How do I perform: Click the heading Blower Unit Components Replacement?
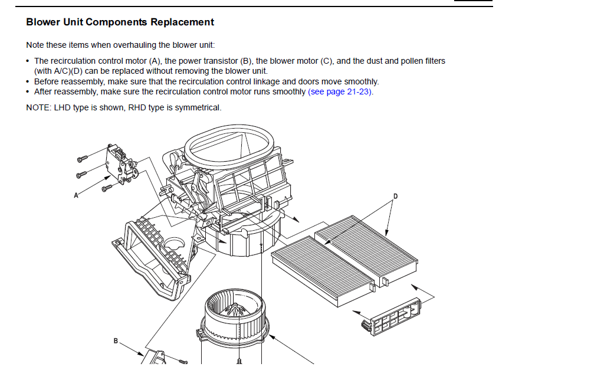click(x=120, y=22)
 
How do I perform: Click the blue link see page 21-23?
click(x=341, y=92)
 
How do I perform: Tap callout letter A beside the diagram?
click(x=75, y=195)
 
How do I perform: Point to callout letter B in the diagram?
click(x=116, y=341)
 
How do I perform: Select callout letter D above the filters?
click(x=395, y=196)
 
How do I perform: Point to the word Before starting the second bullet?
click(x=47, y=81)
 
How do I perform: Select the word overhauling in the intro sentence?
click(x=133, y=45)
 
